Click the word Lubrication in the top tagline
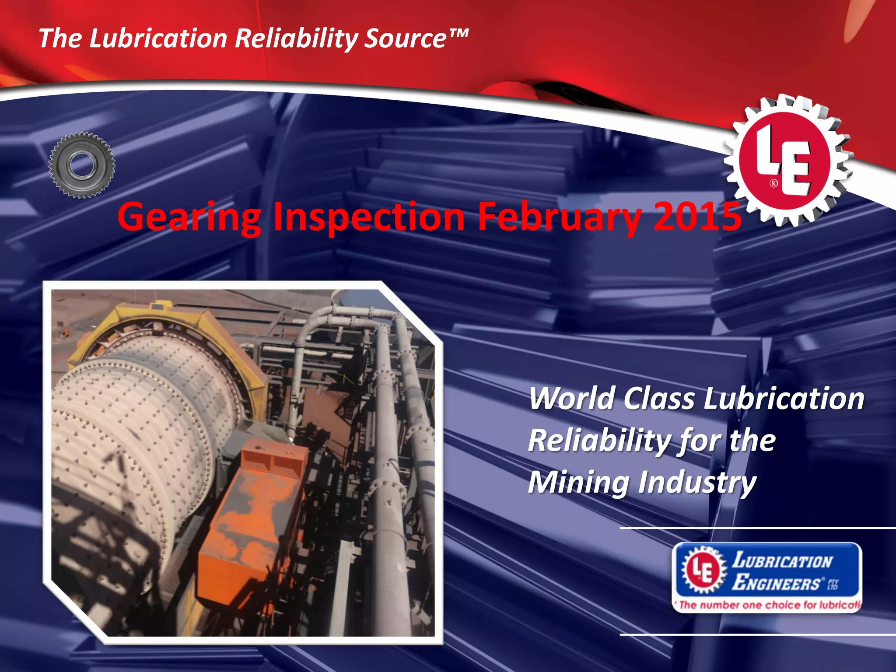[x=158, y=38]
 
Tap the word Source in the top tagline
[x=405, y=38]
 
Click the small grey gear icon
[x=82, y=165]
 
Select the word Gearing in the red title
[x=189, y=217]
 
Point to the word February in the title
[x=559, y=217]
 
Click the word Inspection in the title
[x=369, y=217]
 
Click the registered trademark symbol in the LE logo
[x=773, y=183]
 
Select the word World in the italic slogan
[x=573, y=399]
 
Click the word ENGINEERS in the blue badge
[x=777, y=583]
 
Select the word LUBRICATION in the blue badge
[x=782, y=560]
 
